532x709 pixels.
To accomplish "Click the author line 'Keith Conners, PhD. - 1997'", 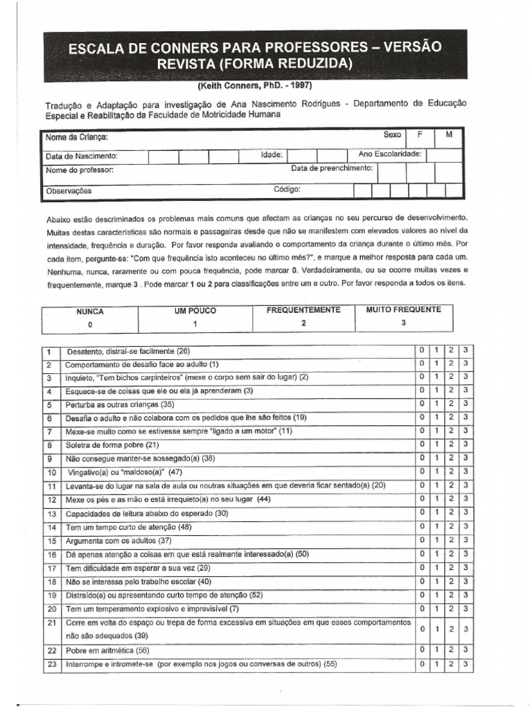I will click(x=255, y=86).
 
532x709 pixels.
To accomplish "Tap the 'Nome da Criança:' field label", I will click(x=76, y=137).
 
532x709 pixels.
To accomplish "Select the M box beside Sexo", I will click(x=449, y=135).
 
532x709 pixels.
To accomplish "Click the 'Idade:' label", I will click(x=271, y=156).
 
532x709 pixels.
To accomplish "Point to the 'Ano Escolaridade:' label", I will click(x=389, y=154).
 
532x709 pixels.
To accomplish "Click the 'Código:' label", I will click(x=287, y=188).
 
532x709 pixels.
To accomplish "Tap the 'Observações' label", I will click(x=69, y=190).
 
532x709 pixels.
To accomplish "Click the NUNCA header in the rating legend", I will click(x=89, y=312).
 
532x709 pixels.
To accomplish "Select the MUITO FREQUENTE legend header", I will click(x=403, y=310).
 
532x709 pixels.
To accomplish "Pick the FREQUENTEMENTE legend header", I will click(x=303, y=310).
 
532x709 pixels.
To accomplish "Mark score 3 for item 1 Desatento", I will click(x=466, y=350).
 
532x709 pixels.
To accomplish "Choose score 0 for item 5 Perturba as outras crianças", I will click(x=421, y=404).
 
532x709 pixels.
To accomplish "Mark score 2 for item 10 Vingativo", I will click(x=451, y=472).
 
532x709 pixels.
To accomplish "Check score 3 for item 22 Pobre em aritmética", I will click(x=466, y=649).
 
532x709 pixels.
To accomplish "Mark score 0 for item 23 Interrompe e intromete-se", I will click(x=421, y=663).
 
